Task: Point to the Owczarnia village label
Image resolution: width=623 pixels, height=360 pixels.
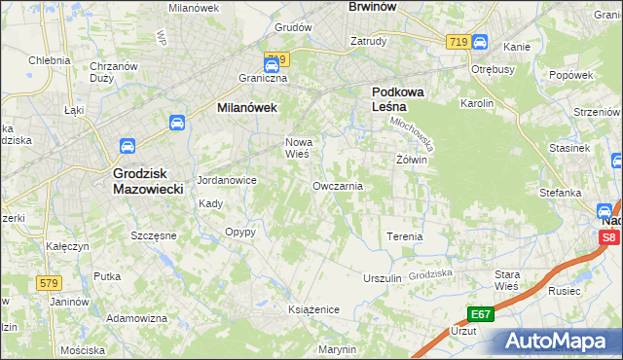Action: (x=338, y=185)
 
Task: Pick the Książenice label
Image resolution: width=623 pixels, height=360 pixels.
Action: (x=312, y=308)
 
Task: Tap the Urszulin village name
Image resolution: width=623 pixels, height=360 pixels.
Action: (x=382, y=277)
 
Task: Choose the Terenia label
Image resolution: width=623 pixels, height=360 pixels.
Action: (x=404, y=236)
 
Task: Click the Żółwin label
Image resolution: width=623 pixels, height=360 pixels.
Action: (x=412, y=159)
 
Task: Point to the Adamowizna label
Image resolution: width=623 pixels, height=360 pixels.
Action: (x=137, y=318)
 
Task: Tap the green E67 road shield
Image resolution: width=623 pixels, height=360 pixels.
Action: (x=480, y=313)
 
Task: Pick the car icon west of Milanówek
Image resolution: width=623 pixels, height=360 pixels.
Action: (x=177, y=123)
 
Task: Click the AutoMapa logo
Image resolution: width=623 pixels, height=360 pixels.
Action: (x=559, y=341)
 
